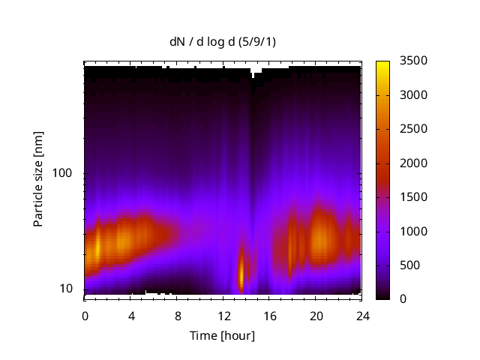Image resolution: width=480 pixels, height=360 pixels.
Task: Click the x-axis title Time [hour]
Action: pyautogui.click(x=222, y=335)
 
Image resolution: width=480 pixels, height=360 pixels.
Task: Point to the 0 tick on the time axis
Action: pyautogui.click(x=85, y=315)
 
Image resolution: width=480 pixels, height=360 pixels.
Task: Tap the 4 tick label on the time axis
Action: pyautogui.click(x=131, y=315)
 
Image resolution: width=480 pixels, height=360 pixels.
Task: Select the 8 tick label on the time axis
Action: pyautogui.click(x=177, y=315)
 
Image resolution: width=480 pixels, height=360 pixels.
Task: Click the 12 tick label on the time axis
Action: pyautogui.click(x=223, y=315)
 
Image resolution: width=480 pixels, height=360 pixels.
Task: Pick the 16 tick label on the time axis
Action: pyautogui.click(x=269, y=315)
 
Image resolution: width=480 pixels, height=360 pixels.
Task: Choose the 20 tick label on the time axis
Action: pyautogui.click(x=316, y=315)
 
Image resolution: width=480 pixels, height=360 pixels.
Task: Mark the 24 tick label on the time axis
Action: pyautogui.click(x=361, y=315)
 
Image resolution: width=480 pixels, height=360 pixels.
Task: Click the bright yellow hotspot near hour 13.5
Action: pyautogui.click(x=241, y=274)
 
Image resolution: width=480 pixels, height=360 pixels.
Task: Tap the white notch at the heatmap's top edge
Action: pyautogui.click(x=256, y=71)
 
